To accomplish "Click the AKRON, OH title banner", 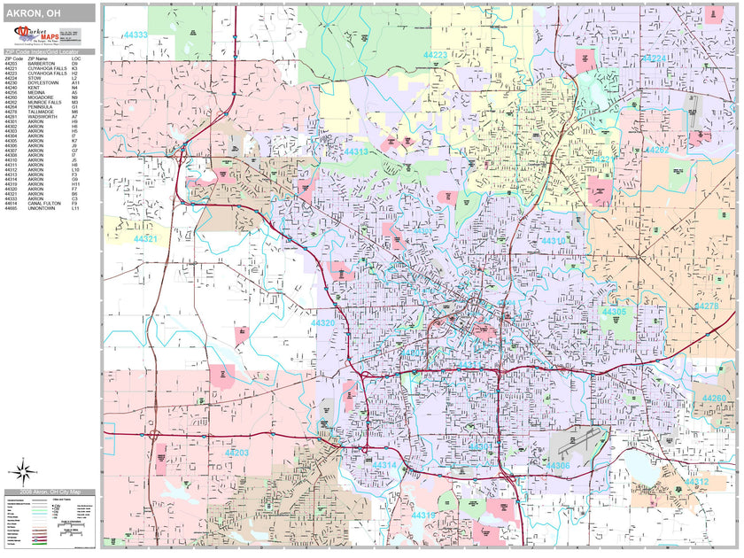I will click(x=48, y=12).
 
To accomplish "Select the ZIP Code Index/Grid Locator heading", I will click(x=48, y=53).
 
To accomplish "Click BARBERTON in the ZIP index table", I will click(x=41, y=64).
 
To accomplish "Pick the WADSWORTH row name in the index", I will click(x=42, y=116).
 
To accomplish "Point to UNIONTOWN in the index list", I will click(x=40, y=208).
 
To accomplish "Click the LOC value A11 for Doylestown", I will click(x=75, y=83).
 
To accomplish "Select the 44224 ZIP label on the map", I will click(x=654, y=58).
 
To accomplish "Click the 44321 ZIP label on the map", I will click(x=145, y=239).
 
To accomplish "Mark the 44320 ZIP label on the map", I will click(x=322, y=323).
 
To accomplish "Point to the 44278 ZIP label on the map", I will click(x=707, y=306).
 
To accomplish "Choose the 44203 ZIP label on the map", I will click(x=236, y=453).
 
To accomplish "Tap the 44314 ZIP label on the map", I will click(x=384, y=465).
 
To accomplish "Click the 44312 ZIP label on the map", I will click(x=696, y=482).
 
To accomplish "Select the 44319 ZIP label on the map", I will click(x=422, y=515).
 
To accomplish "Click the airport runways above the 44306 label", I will click(x=577, y=440).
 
